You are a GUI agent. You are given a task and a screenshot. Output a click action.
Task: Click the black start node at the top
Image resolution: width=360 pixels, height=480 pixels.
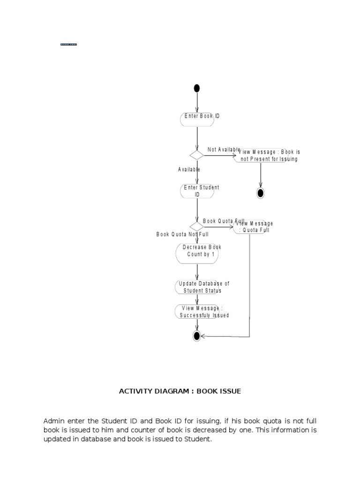point(197,88)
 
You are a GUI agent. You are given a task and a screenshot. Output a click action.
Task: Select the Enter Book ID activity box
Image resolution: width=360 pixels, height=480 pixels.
point(197,119)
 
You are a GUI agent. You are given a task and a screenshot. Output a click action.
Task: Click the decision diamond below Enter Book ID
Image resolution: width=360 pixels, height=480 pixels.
point(197,155)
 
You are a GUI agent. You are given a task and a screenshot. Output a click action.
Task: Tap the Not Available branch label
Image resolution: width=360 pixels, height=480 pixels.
point(224,149)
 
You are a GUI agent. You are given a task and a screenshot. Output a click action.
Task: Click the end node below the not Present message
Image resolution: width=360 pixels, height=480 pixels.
point(260,193)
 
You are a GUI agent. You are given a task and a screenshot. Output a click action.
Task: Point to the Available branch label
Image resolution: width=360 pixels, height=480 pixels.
point(189,169)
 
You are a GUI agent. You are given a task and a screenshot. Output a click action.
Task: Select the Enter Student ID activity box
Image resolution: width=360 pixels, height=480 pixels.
point(197,191)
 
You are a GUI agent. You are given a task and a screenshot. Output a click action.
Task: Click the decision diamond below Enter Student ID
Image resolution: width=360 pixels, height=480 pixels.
point(197,227)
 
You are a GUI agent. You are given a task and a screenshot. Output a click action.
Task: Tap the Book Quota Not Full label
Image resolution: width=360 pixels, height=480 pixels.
point(182,234)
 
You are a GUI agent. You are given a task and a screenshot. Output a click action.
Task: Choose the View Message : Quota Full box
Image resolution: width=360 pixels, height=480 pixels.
point(250,227)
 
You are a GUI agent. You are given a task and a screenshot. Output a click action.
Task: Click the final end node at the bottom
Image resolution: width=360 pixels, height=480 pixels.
point(197,336)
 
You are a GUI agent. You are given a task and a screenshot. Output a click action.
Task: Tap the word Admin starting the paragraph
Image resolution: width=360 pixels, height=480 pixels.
point(53,421)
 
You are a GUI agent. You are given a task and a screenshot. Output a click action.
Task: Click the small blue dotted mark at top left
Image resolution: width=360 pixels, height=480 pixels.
point(68,45)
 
